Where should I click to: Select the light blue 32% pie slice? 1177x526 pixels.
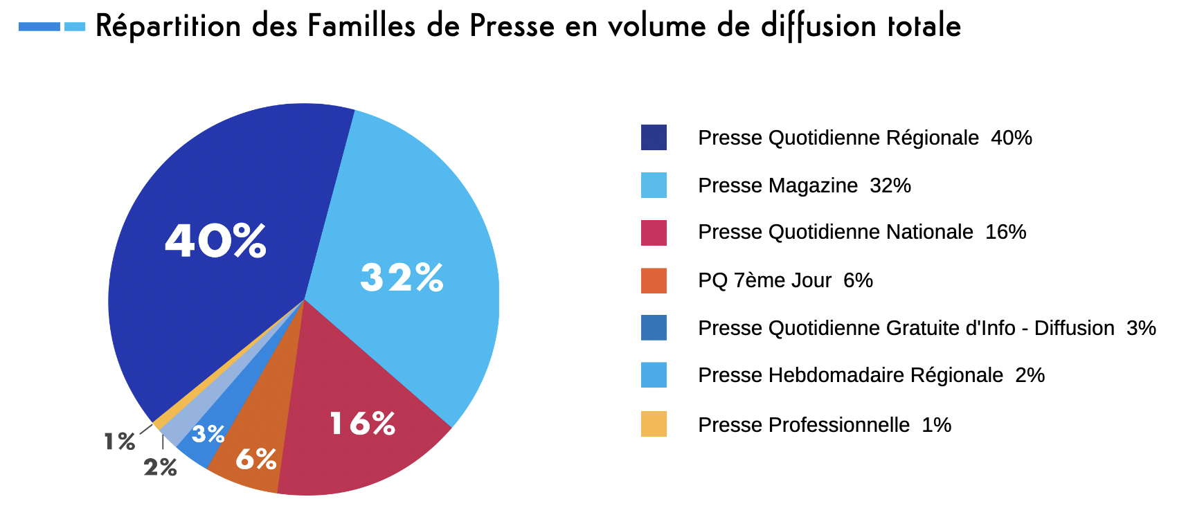pos(415,228)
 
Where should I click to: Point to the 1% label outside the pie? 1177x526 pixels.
pos(119,442)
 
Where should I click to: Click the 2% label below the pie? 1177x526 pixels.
pos(160,468)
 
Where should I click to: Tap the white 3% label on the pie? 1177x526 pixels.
pos(208,435)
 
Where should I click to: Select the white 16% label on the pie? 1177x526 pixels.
pos(362,424)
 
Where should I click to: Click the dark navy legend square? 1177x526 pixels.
pos(654,137)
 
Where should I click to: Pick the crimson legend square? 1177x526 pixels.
pos(654,233)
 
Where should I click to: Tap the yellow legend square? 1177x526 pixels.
pos(654,424)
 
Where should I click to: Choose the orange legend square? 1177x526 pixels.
pos(654,280)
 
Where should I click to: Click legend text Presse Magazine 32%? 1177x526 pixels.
pos(804,185)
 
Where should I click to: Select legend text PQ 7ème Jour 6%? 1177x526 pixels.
pos(785,280)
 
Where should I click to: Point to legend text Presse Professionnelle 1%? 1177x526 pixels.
pos(824,424)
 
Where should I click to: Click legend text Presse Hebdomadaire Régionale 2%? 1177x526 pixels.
pos(871,375)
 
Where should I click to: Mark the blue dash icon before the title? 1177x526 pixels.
pos(52,27)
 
